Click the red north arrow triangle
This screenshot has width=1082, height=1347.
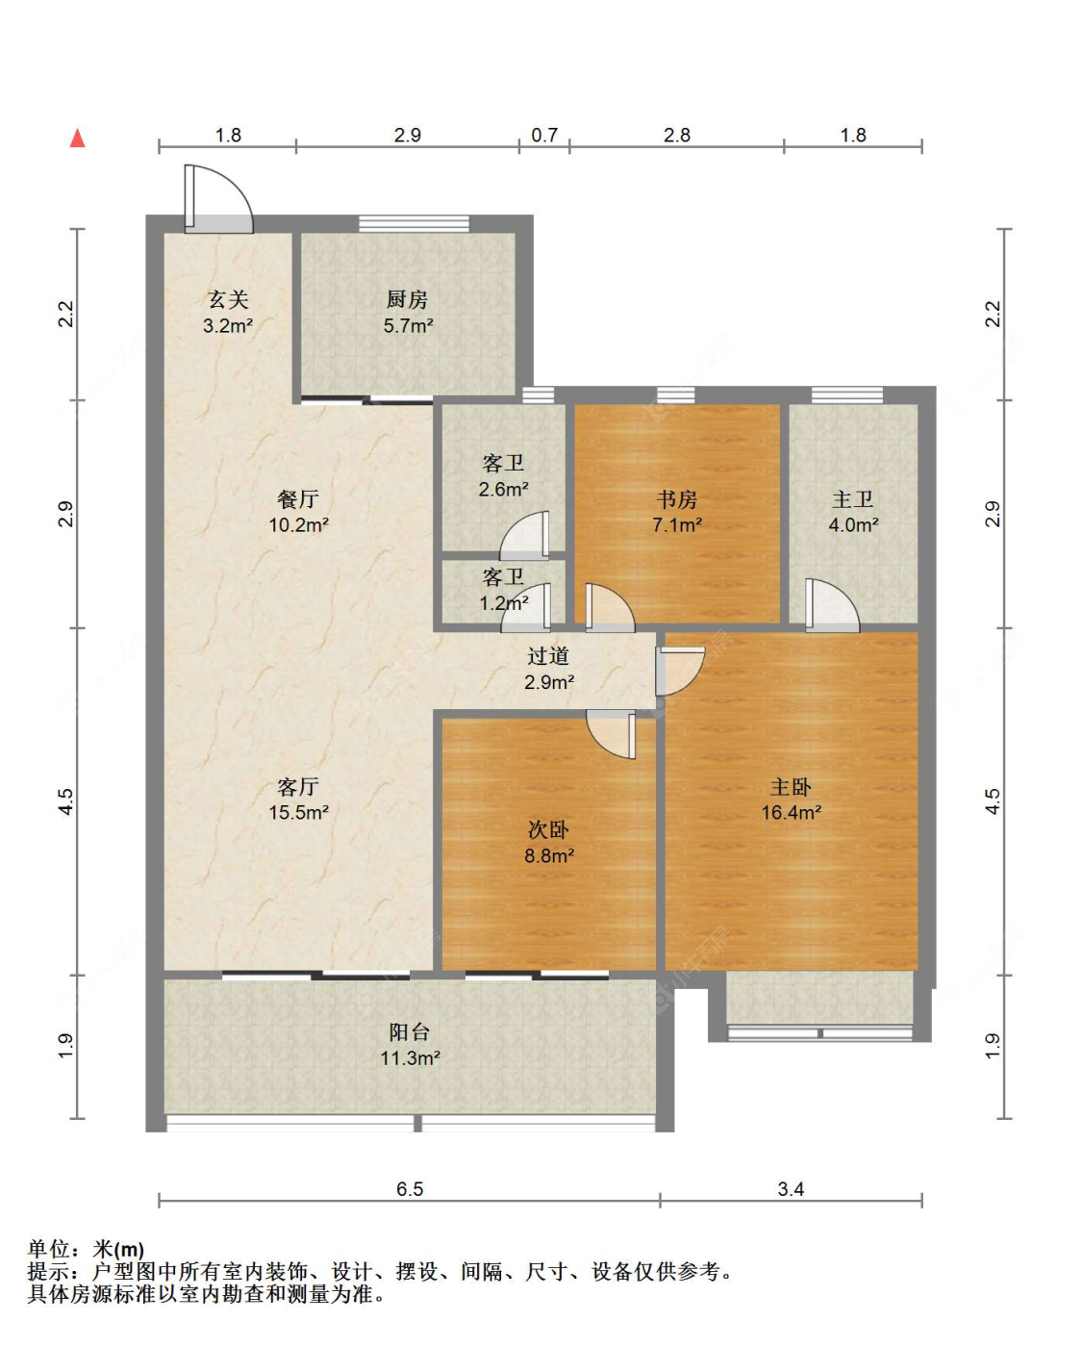point(77,138)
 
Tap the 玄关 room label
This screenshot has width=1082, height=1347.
point(228,299)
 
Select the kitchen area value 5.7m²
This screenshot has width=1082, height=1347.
point(409,325)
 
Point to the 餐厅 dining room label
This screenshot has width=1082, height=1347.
point(298,498)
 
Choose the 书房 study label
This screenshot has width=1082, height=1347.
point(676,498)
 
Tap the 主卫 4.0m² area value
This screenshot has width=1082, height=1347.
point(854,524)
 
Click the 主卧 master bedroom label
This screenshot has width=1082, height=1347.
point(791,787)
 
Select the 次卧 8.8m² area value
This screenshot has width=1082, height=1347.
point(549,855)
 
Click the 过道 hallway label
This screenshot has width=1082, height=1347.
point(548,655)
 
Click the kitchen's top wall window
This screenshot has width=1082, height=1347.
point(414,223)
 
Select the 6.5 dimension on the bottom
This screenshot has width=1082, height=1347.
point(410,1188)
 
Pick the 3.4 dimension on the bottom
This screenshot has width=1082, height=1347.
point(791,1188)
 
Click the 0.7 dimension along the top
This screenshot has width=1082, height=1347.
point(544,136)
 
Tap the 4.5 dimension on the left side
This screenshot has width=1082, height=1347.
point(65,801)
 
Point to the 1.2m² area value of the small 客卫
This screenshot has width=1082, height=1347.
point(504,603)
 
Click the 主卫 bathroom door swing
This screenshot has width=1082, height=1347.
point(832,604)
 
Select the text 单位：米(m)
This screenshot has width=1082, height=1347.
point(86,1250)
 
